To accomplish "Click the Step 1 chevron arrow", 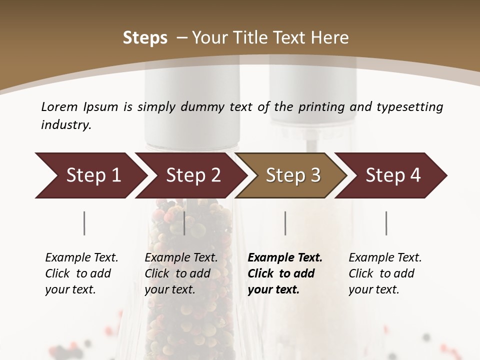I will [92, 175].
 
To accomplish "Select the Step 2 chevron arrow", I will [192, 175].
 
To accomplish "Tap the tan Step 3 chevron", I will [292, 175].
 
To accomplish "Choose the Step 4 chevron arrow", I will [392, 175].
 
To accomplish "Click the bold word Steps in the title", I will [145, 38].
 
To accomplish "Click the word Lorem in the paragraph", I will [59, 106].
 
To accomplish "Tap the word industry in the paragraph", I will [66, 125].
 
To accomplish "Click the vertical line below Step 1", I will [84, 223].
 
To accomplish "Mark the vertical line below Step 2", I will [184, 223].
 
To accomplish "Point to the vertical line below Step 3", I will [285, 223].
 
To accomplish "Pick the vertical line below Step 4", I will [386, 223].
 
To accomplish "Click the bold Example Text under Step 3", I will [285, 258].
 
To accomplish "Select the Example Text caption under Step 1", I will [81, 258].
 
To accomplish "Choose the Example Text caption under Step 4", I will [385, 258].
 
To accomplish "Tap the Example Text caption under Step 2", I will [181, 258].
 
